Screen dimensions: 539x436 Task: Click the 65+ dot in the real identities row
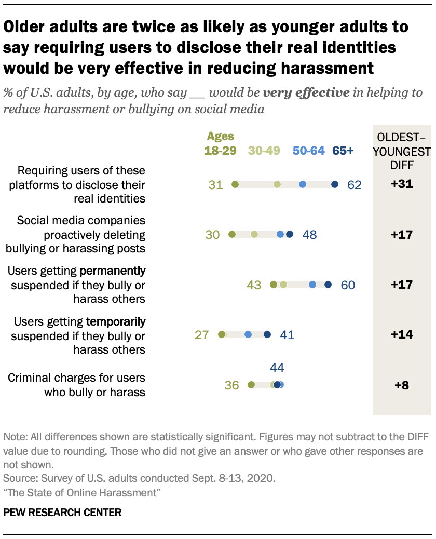tap(335, 184)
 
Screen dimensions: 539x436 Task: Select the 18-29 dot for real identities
tap(235, 184)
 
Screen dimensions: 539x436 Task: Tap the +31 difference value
tap(402, 184)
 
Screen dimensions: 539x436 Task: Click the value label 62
tap(355, 185)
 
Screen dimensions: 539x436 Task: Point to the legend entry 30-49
tap(264, 151)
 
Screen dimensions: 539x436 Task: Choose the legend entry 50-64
tap(308, 151)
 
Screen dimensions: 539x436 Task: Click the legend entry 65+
tap(343, 151)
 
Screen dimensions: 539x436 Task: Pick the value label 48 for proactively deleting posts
tap(309, 235)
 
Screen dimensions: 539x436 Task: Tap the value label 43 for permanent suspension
tap(254, 285)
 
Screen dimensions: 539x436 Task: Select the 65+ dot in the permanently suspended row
tap(328, 285)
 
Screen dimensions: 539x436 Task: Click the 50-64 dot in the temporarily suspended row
tap(248, 335)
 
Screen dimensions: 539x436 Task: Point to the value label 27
tap(201, 335)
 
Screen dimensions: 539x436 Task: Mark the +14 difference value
tap(402, 335)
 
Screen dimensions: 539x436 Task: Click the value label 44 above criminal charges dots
tap(278, 368)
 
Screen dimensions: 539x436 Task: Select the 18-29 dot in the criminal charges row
tap(251, 385)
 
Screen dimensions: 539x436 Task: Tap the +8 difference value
tap(402, 385)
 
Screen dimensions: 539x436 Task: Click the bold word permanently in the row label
tap(112, 271)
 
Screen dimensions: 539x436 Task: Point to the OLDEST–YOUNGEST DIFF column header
tap(402, 151)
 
